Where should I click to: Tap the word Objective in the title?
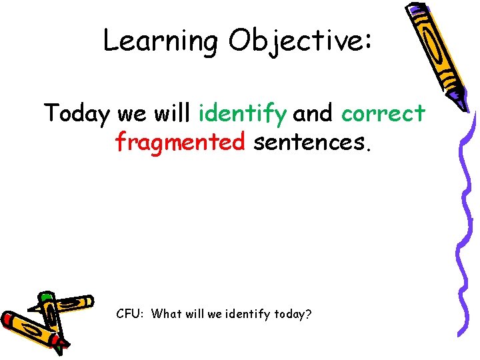295,42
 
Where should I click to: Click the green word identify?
243,114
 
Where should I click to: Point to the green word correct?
383,114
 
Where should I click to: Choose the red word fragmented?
180,141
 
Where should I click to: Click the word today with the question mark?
292,313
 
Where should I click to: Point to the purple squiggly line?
467,220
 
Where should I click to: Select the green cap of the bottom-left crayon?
45,297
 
